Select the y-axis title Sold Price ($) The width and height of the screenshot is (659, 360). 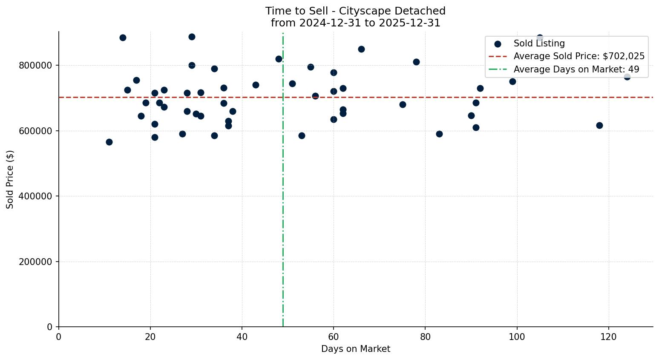10,179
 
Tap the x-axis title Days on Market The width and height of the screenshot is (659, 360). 356,349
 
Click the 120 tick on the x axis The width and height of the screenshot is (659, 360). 608,337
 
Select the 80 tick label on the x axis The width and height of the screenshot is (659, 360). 425,337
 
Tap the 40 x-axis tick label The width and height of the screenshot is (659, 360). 242,337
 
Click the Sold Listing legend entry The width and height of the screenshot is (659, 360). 539,43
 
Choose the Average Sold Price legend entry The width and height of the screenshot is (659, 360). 578,56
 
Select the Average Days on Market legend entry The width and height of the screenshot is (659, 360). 576,69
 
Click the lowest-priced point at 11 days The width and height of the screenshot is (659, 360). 109,142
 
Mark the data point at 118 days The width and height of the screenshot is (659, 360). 599,125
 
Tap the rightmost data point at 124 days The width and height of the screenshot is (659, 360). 627,77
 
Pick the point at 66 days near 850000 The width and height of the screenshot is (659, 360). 361,49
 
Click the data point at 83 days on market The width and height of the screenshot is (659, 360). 439,134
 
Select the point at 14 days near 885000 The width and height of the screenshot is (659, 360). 123,37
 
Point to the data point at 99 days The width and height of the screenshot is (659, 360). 512,81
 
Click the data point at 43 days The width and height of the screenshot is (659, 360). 256,85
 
